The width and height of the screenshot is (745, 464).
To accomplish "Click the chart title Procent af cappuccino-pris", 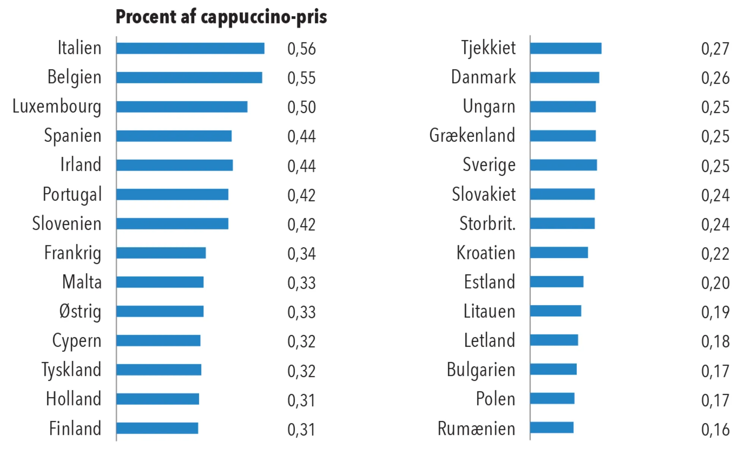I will click(221, 17).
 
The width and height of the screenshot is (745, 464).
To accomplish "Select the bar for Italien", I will click(190, 48).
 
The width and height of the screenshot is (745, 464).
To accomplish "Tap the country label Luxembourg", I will click(57, 107).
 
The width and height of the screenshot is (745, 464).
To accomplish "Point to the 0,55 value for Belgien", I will click(301, 78).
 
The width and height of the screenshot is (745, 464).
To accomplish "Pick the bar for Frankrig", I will click(161, 253).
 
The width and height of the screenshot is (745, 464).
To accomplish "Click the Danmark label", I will click(484, 77).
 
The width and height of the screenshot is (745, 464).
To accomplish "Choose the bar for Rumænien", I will click(552, 428).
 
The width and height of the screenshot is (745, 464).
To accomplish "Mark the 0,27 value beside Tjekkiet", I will click(715, 49).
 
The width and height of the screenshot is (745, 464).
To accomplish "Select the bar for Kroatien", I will click(559, 252).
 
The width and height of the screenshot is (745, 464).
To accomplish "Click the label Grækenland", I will click(472, 136).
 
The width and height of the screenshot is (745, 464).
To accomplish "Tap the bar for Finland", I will click(157, 428).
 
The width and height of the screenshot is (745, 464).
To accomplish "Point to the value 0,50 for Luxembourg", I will click(301, 107).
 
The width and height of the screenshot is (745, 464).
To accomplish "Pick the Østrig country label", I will click(80, 312).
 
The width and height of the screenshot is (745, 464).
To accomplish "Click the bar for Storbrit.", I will click(562, 223).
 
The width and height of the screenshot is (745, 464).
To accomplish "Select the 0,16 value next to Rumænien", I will click(715, 429).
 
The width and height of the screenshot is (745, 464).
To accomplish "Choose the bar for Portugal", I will click(172, 194).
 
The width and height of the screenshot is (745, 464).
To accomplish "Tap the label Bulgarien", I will click(481, 370).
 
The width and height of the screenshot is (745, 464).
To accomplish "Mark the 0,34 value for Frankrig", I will click(301, 254).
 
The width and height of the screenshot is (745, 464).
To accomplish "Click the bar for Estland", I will click(557, 282).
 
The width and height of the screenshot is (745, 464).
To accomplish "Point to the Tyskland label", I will click(72, 370).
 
